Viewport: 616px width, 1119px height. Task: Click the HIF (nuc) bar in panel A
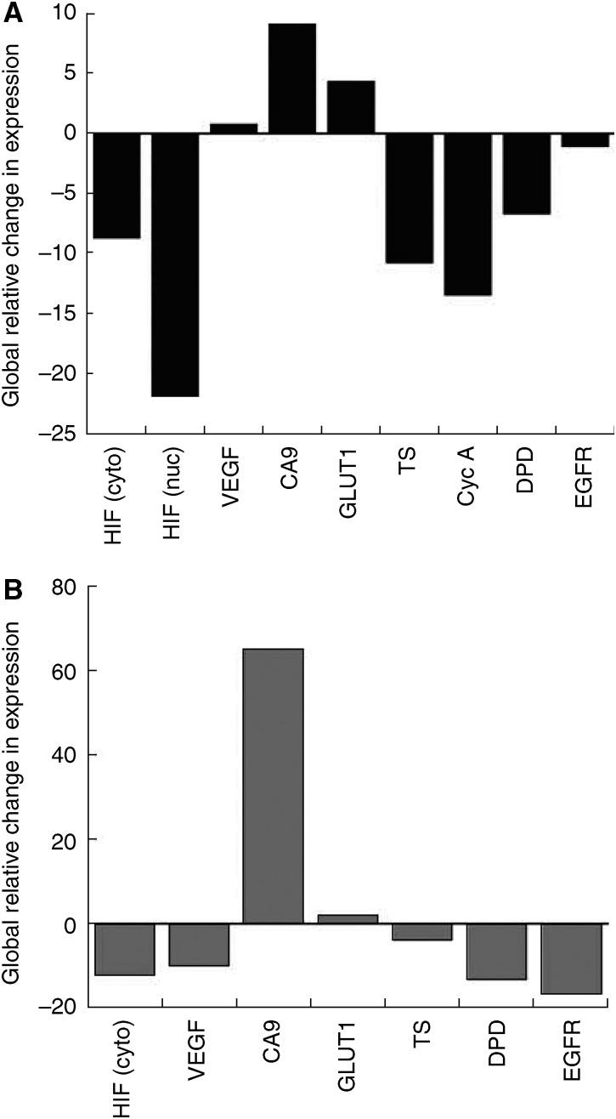click(175, 264)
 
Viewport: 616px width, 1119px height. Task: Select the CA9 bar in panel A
click(292, 78)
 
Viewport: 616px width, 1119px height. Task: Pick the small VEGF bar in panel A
click(234, 128)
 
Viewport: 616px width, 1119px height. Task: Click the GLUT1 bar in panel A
click(351, 107)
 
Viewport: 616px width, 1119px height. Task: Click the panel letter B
click(13, 590)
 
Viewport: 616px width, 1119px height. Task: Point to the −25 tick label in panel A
click(59, 434)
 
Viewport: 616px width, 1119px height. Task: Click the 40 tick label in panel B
click(64, 755)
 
